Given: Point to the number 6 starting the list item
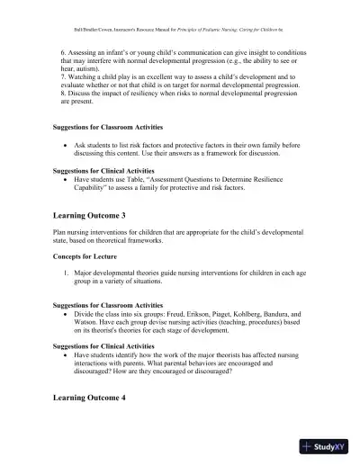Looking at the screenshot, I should pos(58,53).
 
